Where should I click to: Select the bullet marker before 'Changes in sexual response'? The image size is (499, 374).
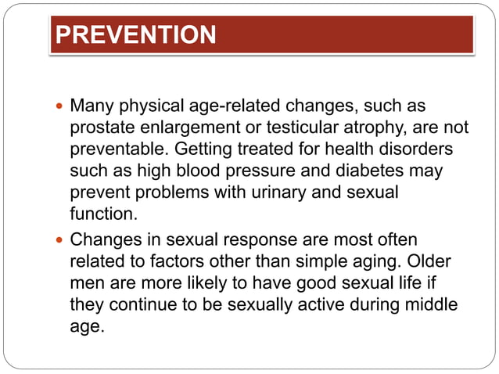(62, 239)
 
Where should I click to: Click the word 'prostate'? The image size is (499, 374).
(99, 127)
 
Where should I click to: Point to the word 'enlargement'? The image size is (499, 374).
(180, 127)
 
